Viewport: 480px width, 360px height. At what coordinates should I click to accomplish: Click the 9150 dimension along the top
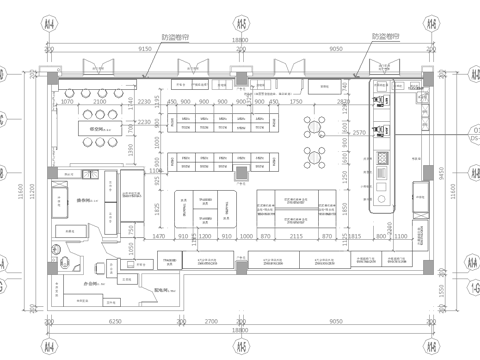(x=144, y=47)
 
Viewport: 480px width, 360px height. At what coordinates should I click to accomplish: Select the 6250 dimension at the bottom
(x=114, y=323)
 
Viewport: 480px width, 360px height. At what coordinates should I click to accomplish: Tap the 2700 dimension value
(x=211, y=323)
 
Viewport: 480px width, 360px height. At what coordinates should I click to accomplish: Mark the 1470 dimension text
(x=157, y=236)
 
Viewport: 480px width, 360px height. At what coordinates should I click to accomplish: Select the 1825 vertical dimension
(x=158, y=207)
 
